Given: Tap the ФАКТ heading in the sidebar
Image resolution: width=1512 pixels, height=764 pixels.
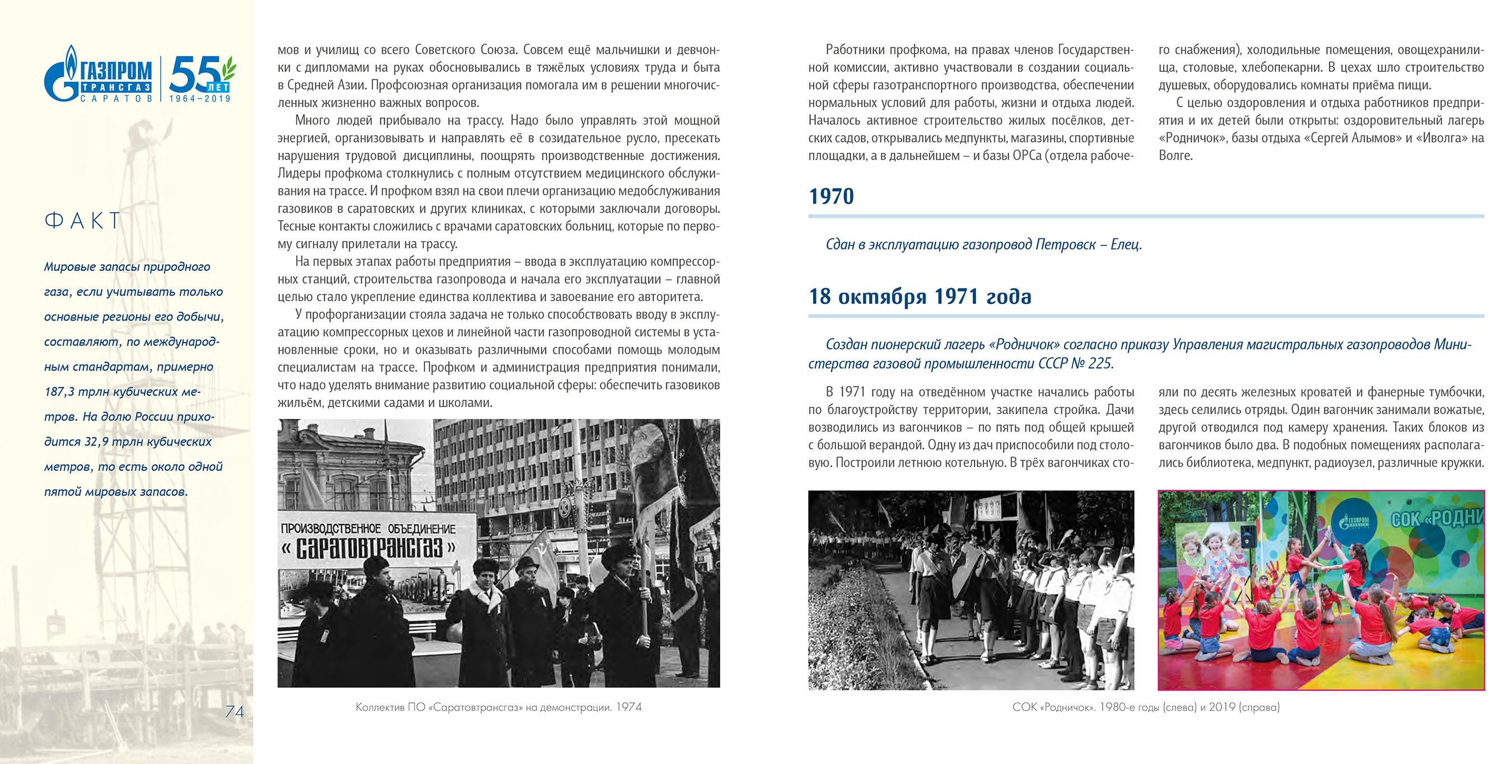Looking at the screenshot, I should click(x=83, y=221).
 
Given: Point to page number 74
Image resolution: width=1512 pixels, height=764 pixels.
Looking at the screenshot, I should click(x=234, y=712).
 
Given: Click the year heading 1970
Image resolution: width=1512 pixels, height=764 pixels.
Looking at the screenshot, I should click(x=831, y=196).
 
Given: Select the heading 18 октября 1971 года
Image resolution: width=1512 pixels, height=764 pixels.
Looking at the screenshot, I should click(x=920, y=296).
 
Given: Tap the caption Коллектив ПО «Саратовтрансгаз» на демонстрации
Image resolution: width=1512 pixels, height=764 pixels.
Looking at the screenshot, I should click(x=498, y=707).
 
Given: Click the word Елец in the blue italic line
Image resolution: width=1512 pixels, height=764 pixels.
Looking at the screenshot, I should click(x=1126, y=244).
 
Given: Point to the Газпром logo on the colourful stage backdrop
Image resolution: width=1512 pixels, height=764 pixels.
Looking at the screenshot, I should click(x=1354, y=522).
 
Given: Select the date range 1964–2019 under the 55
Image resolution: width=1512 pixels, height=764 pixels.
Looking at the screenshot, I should click(x=199, y=99).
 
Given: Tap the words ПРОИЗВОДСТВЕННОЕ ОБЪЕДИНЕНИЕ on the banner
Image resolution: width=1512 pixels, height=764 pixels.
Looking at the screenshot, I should click(x=368, y=528).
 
